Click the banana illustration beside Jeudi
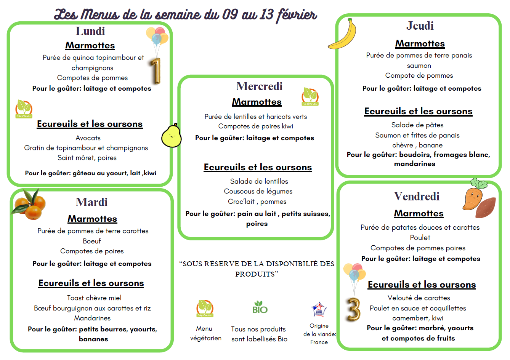pos(343,34)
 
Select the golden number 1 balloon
pos(155,71)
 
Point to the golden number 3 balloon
pos(353,309)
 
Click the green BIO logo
pos(260,307)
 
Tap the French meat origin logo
pos(319,309)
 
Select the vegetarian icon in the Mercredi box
pos(310,96)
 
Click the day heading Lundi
pos(90,31)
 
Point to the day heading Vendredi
pos(417,197)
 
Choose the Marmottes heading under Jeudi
pos(420,44)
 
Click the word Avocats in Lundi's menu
pos(88,138)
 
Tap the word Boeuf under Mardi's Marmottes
pos(92,241)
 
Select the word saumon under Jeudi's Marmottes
pos(419,66)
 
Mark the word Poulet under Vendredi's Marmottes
pos(420,238)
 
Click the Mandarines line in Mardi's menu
pos(92,318)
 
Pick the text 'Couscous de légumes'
pos(258,191)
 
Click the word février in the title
pos(297,15)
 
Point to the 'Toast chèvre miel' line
pos(94,298)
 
